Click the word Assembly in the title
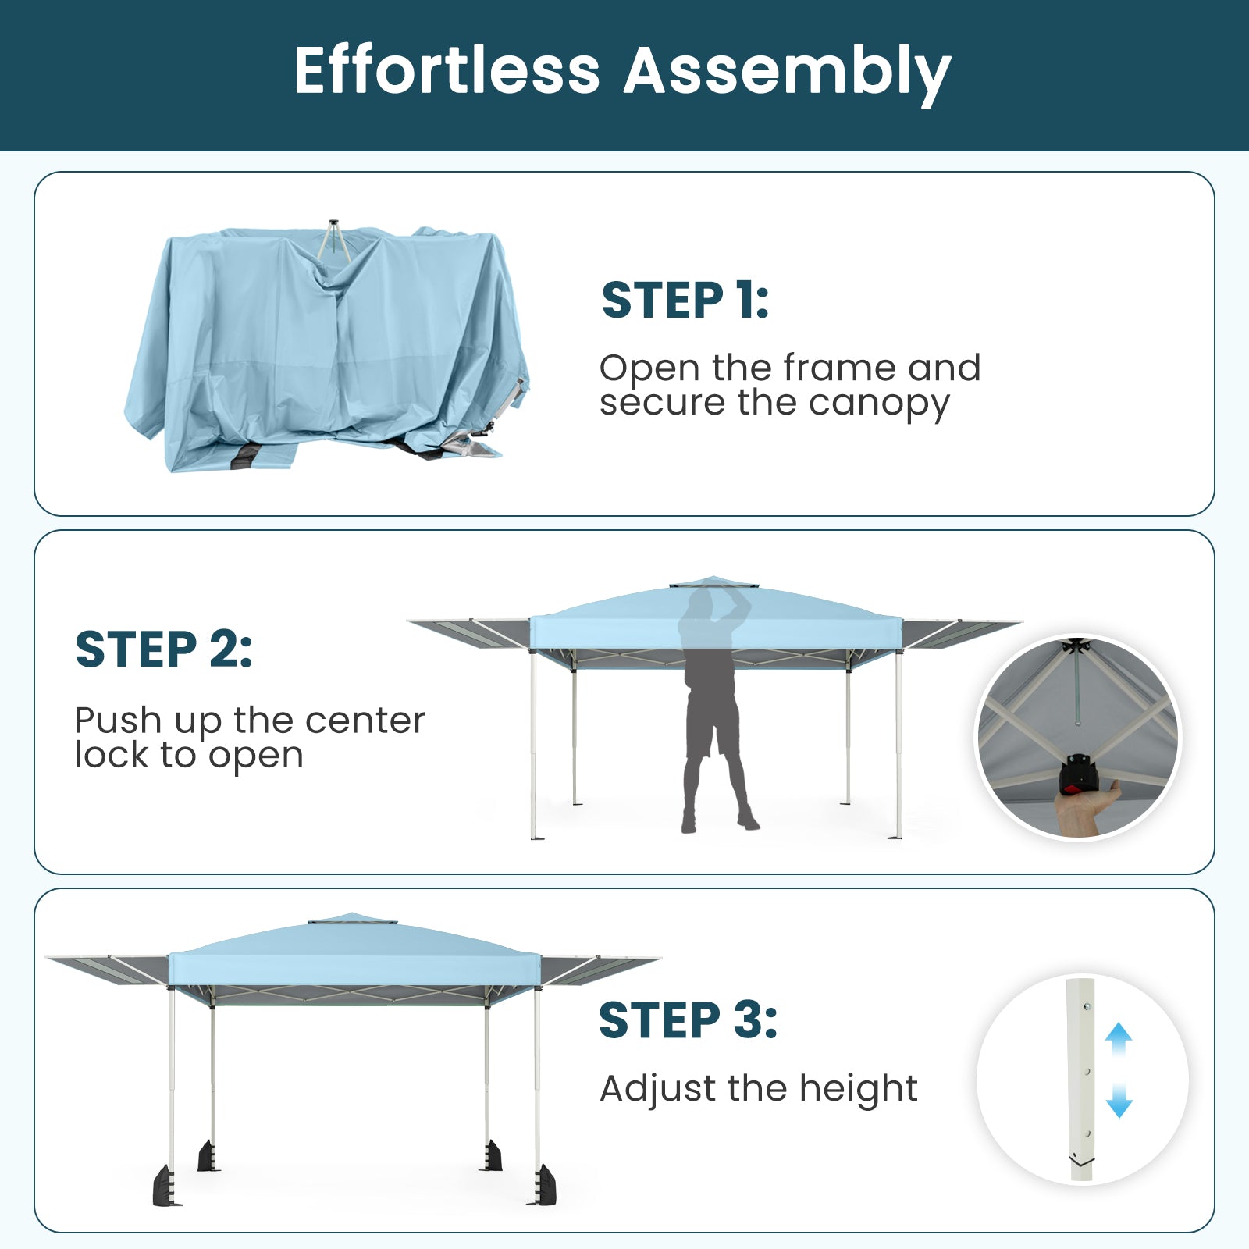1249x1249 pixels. pyautogui.click(x=788, y=74)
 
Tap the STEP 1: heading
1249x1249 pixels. pyautogui.click(x=685, y=301)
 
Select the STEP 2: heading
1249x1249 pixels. pyautogui.click(x=164, y=649)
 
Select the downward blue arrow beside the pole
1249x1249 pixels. pyautogui.click(x=1119, y=1101)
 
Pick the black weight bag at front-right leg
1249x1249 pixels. pyautogui.click(x=544, y=1184)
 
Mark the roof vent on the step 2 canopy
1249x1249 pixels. pyautogui.click(x=714, y=583)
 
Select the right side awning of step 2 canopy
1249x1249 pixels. pyautogui.click(x=960, y=632)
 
